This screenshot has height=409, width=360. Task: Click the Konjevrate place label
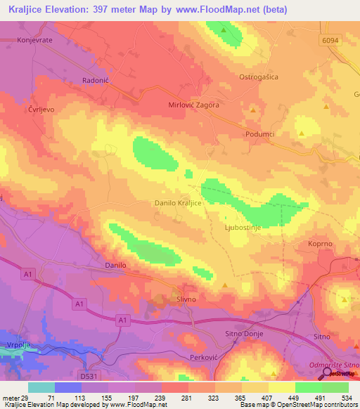[x=30, y=39]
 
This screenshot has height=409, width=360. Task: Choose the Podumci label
[x=261, y=134]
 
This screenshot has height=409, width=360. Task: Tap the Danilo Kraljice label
[x=178, y=202]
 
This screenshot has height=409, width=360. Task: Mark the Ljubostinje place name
[x=243, y=228]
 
